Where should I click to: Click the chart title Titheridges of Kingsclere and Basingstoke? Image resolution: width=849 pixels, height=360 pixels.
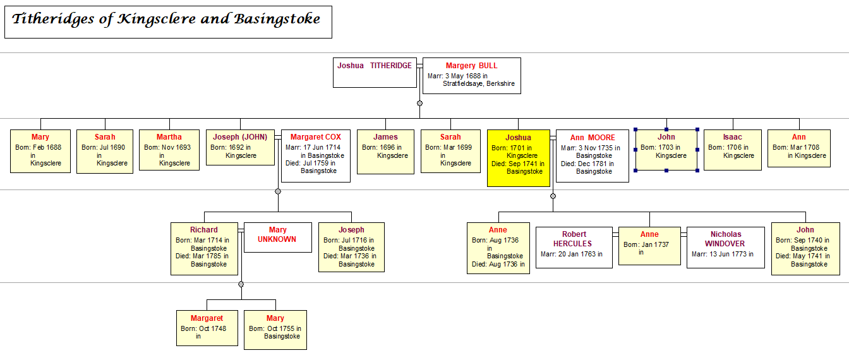tap(166, 20)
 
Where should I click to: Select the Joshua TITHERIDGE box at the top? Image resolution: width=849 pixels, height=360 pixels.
tap(374, 72)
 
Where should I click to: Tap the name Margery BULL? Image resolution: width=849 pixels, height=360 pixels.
tap(471, 66)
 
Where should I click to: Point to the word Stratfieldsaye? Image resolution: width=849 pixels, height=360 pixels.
tap(461, 83)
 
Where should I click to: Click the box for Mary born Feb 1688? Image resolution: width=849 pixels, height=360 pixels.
tap(40, 151)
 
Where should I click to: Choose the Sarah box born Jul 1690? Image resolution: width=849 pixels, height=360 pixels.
tap(105, 151)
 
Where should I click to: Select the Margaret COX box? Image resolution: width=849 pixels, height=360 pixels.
tap(315, 155)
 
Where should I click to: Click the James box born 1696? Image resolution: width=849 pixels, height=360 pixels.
tap(385, 152)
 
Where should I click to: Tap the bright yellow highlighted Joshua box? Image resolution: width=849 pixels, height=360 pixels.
tap(518, 158)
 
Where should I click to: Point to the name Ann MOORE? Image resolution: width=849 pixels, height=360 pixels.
tap(592, 138)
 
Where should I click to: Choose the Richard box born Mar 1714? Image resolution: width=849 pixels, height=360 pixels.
tap(203, 248)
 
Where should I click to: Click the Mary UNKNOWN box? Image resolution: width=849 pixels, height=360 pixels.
tap(277, 237)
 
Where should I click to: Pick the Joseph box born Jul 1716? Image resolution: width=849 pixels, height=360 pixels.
tap(351, 247)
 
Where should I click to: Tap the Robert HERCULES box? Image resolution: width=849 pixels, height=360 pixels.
tap(574, 247)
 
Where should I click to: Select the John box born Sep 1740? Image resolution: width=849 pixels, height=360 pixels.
tap(805, 248)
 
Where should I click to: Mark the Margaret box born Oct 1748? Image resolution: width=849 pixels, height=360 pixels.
tap(207, 328)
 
